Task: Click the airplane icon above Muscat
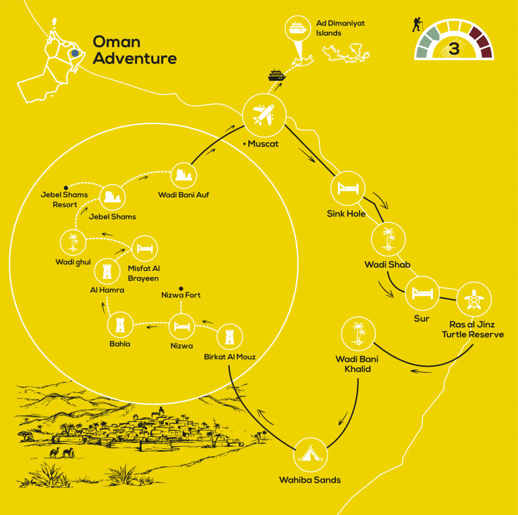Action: pyautogui.click(x=264, y=115)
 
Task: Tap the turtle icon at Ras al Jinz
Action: pyautogui.click(x=474, y=299)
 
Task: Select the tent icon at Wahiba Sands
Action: pyautogui.click(x=310, y=454)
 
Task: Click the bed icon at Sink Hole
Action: pyautogui.click(x=348, y=188)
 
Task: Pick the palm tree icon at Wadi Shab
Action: pyautogui.click(x=388, y=239)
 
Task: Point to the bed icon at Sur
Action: pyautogui.click(x=422, y=293)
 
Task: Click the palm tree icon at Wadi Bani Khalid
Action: pyautogui.click(x=358, y=334)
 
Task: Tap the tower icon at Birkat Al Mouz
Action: pyautogui.click(x=229, y=337)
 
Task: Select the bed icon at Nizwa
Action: pyautogui.click(x=181, y=326)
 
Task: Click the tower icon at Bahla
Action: pyautogui.click(x=120, y=325)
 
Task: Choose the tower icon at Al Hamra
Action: pyautogui.click(x=107, y=272)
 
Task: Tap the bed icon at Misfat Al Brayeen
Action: pyautogui.click(x=145, y=248)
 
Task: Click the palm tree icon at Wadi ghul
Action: pyautogui.click(x=73, y=242)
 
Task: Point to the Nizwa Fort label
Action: pyautogui.click(x=181, y=295)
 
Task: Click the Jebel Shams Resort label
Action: pyautogui.click(x=65, y=200)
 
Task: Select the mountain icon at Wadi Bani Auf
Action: pyautogui.click(x=183, y=175)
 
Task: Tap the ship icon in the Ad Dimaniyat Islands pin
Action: pyautogui.click(x=297, y=28)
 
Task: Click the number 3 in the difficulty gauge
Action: pyautogui.click(x=454, y=49)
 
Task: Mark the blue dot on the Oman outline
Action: pyautogui.click(x=75, y=53)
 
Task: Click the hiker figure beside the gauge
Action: pyautogui.click(x=418, y=25)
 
